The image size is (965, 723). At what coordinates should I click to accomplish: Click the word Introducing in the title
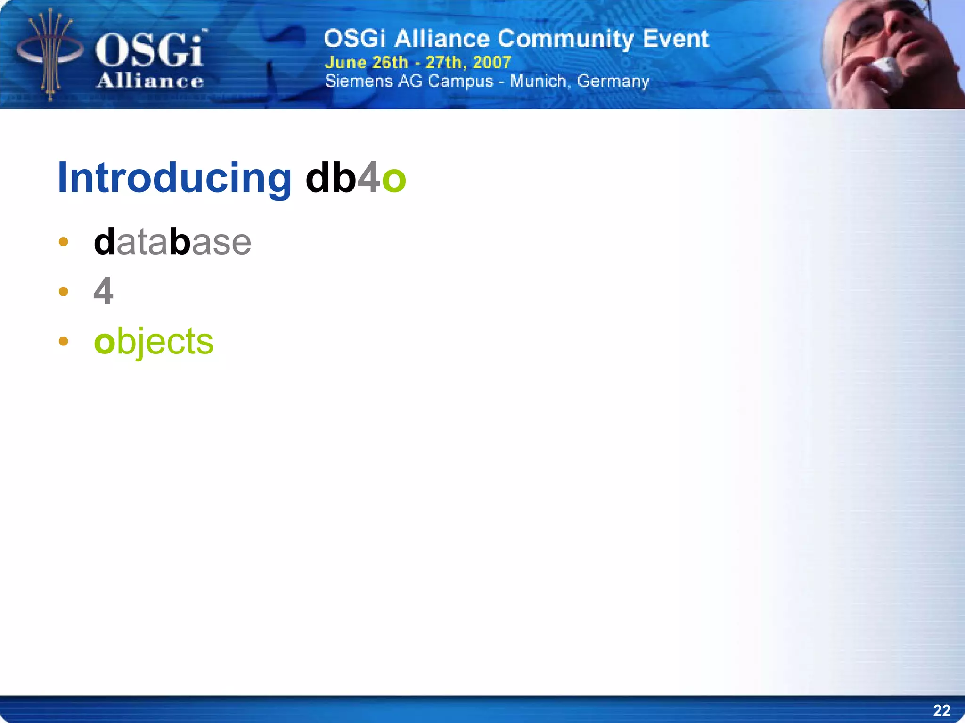point(174,178)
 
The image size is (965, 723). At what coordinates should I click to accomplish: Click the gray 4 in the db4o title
point(369,178)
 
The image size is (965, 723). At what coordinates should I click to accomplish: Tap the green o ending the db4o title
point(394,180)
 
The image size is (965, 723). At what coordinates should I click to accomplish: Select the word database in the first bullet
point(172,242)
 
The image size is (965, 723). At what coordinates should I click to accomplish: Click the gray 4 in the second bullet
point(103,291)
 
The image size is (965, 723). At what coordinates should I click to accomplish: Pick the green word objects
point(154,341)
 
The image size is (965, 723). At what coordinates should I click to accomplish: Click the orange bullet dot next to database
point(64,242)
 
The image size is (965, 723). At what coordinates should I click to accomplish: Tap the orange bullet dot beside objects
point(64,341)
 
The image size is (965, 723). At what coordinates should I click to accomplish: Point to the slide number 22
point(941,710)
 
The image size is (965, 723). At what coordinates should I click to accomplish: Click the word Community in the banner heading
point(565,39)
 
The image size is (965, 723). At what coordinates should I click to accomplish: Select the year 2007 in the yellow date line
point(492,62)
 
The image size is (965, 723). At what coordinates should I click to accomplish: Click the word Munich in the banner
point(538,82)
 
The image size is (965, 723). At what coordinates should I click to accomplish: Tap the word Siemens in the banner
point(359,82)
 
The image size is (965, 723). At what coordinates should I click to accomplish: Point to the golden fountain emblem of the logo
point(49,54)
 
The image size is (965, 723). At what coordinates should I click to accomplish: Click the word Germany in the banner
point(613,82)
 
